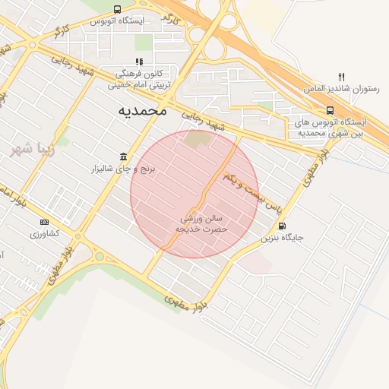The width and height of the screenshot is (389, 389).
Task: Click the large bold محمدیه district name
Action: click(141, 110)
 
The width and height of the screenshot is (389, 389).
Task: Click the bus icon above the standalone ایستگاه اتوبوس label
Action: click(115, 9)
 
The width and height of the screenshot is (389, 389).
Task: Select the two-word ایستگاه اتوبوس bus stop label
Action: click(117, 21)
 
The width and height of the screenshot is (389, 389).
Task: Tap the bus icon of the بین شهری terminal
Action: click(328, 109)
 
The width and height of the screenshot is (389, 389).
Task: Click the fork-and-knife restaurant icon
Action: click(342, 77)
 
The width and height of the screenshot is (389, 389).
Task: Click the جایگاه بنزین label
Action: click(283, 237)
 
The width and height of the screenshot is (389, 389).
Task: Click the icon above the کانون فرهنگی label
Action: click(138, 62)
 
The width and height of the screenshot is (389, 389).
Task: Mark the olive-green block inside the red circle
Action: click(196, 140)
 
